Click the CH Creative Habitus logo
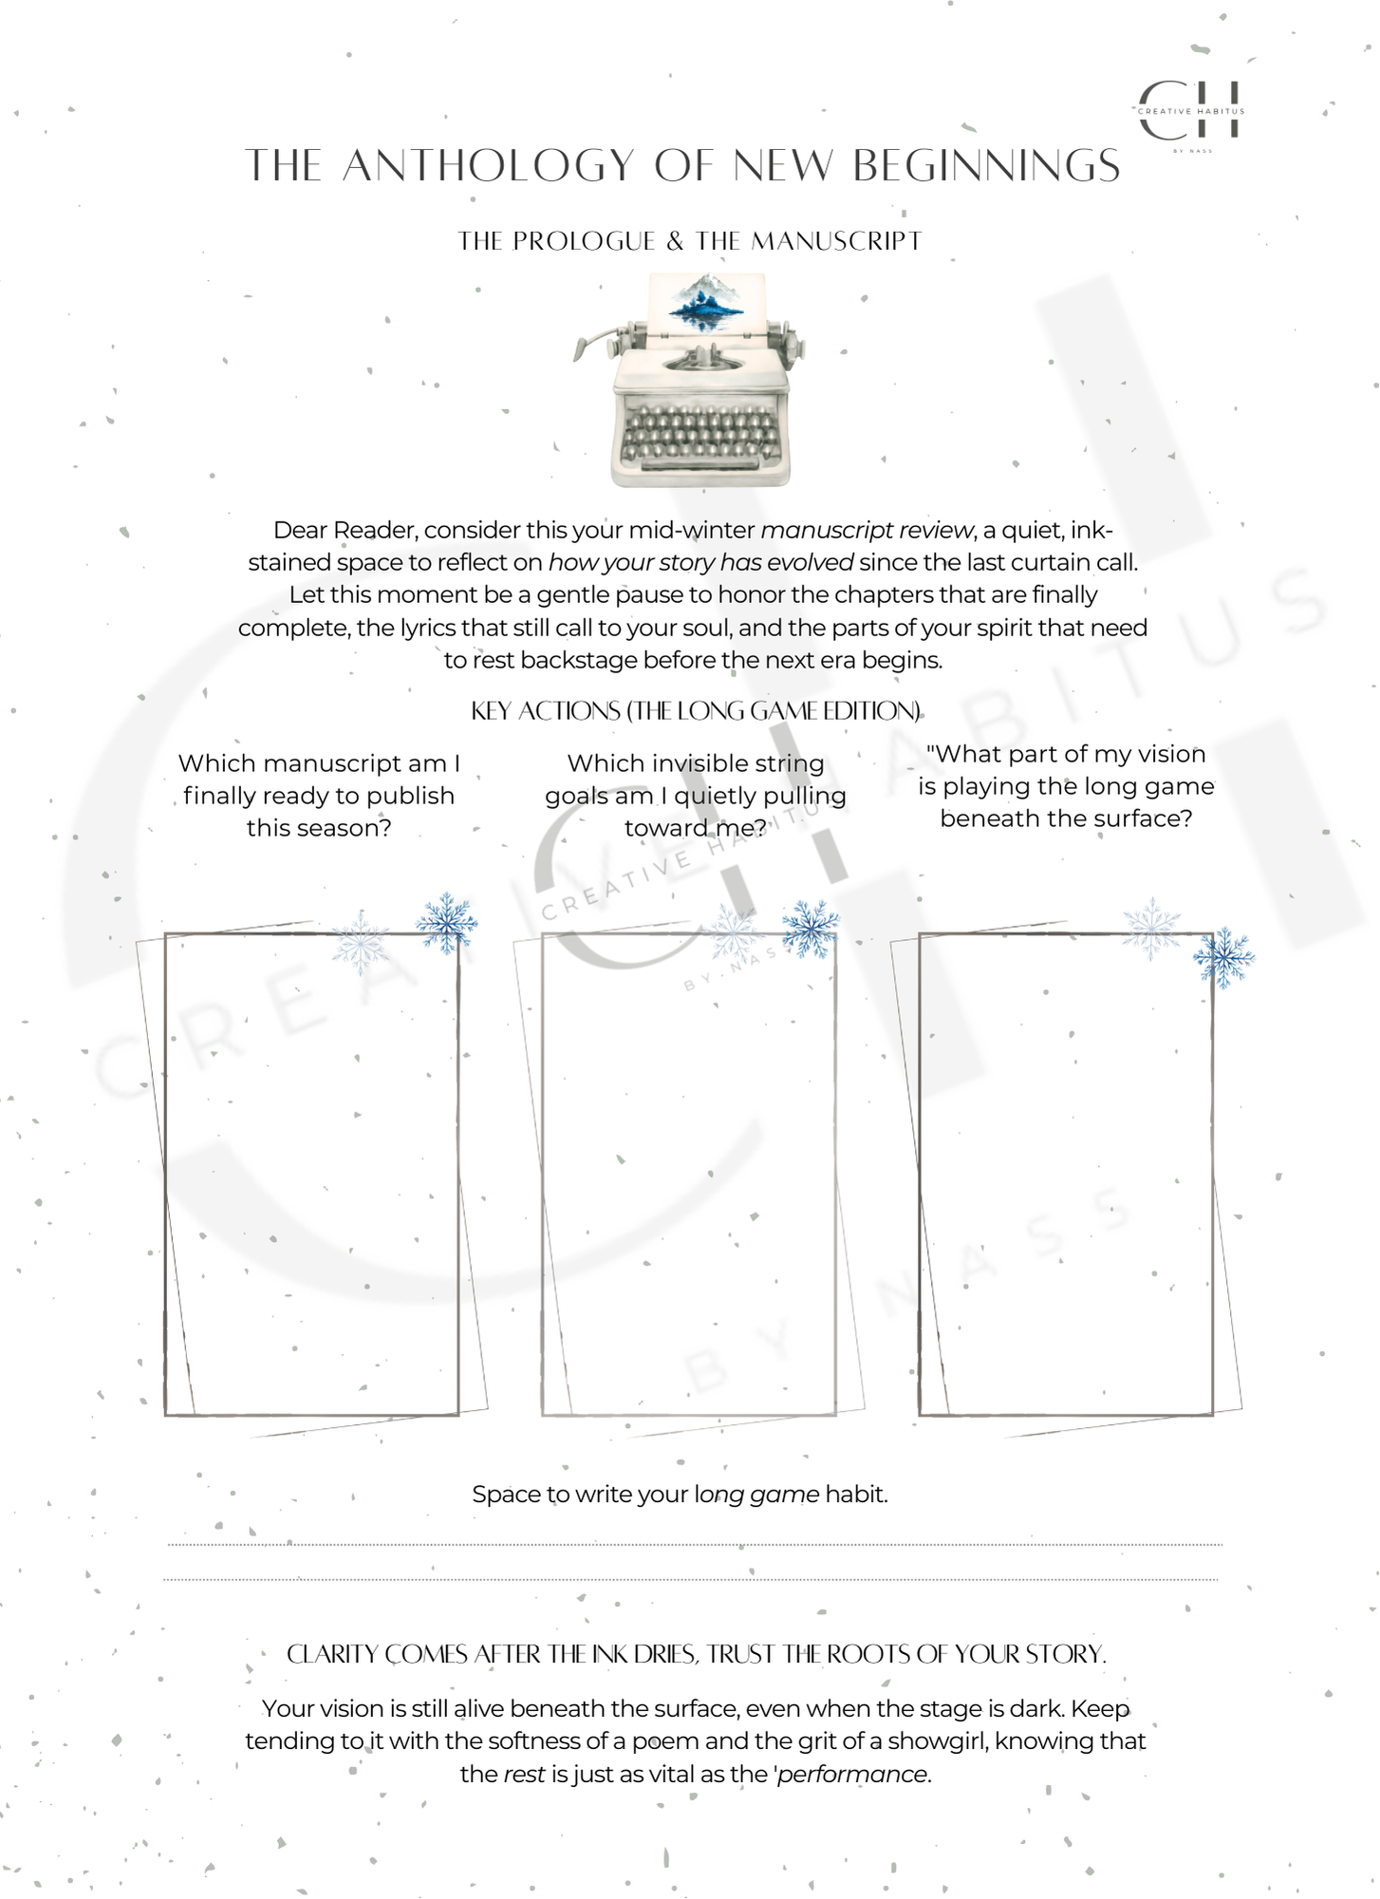1191,112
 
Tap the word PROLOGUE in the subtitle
584,241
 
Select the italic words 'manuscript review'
867,530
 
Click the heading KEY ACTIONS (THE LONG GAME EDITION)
696,711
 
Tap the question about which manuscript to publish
319,796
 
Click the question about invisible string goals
696,796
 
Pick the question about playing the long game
1066,786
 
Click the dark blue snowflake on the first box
446,922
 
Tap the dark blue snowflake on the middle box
811,928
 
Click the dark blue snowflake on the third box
1223,957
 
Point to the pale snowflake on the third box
1151,928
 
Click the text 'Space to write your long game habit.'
680,1495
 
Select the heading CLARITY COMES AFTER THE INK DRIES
696,1655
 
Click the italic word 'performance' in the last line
852,1775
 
